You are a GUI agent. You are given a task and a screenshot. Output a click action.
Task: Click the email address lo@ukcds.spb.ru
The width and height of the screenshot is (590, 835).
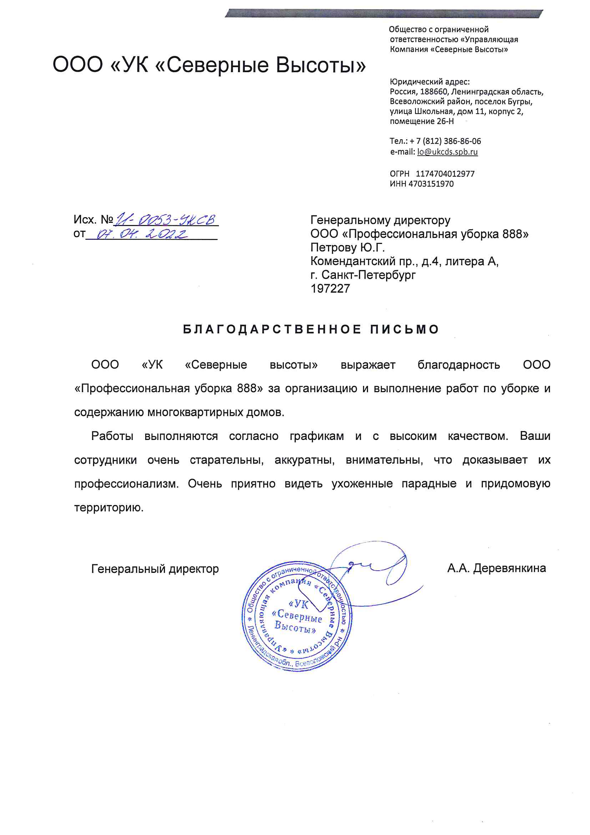[447, 152]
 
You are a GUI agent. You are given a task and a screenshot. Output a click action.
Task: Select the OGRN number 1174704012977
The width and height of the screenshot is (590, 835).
[445, 174]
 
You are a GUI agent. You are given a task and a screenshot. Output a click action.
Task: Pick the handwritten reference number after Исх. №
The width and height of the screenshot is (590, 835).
[165, 220]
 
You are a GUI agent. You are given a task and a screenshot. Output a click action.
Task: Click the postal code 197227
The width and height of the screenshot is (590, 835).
[330, 289]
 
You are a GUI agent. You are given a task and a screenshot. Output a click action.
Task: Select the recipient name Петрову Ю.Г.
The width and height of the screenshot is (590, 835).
[347, 247]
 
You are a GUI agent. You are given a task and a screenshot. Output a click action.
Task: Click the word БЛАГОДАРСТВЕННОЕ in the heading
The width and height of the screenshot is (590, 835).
[272, 330]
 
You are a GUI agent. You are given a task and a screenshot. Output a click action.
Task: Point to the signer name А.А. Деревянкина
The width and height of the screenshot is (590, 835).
[496, 568]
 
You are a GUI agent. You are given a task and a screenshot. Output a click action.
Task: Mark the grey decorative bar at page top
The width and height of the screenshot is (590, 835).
[384, 14]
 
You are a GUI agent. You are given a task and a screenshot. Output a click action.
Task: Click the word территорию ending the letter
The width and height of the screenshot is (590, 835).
[109, 508]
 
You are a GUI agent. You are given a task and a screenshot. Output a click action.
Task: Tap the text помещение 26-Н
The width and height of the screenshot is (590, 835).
[422, 121]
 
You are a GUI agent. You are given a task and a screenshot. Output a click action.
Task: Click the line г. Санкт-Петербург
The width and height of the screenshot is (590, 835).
[363, 275]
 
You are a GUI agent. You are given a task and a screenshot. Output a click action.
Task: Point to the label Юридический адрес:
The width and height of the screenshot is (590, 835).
[430, 82]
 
